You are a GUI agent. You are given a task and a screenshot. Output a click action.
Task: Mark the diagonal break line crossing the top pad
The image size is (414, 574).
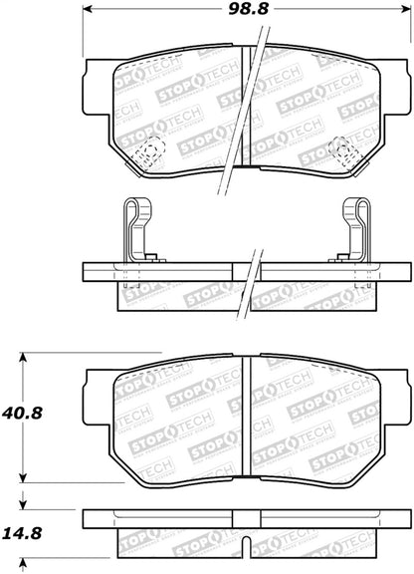point(245,110)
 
